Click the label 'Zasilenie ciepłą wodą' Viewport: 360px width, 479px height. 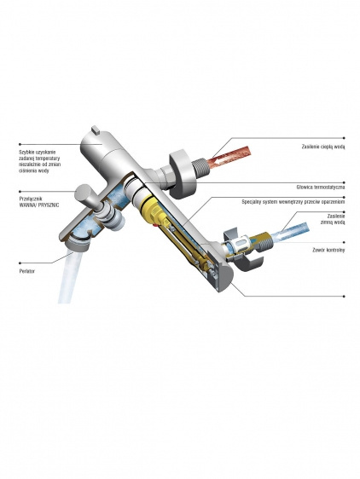click(x=323, y=147)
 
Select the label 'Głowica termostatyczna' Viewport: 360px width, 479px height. click(x=321, y=187)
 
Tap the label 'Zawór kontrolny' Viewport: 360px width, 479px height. click(x=328, y=250)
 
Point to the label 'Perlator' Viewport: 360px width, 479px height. click(x=27, y=271)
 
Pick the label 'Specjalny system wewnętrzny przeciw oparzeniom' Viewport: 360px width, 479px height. click(x=293, y=202)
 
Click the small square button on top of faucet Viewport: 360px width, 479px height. click(x=96, y=130)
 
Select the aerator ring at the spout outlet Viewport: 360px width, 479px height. click(x=77, y=245)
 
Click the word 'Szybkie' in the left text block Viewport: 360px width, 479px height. click(x=26, y=152)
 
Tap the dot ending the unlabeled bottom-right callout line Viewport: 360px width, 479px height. click(x=344, y=296)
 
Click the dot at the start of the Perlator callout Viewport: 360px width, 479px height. click(x=20, y=263)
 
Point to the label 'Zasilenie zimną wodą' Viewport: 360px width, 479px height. click(x=333, y=219)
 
